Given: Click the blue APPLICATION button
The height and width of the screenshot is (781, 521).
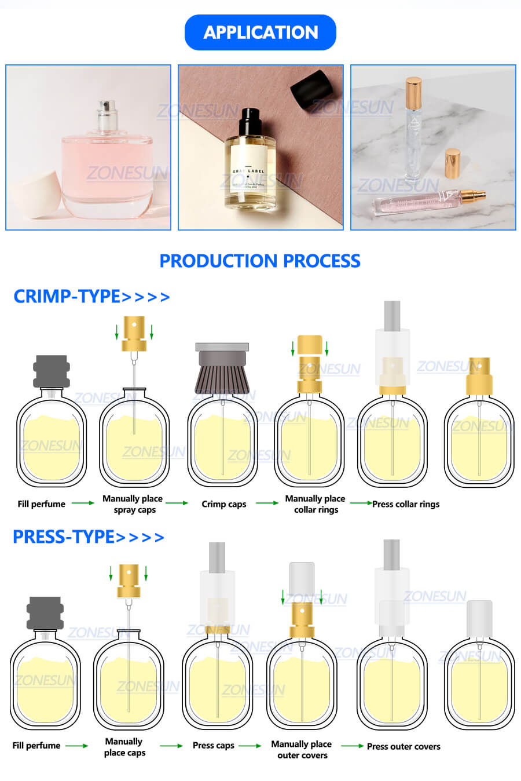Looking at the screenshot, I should point(260,32).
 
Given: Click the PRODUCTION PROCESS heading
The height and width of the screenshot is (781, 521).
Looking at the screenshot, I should point(260,261).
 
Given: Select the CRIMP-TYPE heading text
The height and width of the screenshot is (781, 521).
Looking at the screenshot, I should point(67,297).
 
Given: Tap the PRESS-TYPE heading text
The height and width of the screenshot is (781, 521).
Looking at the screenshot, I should point(64,537).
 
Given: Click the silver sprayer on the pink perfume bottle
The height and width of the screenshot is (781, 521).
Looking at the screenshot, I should point(107,116).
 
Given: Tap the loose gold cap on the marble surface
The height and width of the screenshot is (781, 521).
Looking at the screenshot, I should point(452,163).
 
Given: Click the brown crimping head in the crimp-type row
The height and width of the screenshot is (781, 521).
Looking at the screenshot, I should point(222,371).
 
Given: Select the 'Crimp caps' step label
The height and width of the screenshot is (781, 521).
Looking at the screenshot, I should point(224,504).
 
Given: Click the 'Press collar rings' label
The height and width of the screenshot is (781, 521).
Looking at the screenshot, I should point(406,504).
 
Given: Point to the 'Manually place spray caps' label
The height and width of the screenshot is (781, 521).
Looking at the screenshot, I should point(133,504).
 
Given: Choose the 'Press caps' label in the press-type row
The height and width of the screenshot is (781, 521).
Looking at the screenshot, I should point(214,746).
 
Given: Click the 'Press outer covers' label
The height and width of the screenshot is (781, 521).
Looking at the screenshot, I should point(403,746).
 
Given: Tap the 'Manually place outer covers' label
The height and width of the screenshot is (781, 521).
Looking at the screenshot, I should point(302,749).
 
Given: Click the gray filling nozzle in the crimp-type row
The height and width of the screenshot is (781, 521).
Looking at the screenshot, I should point(52,371).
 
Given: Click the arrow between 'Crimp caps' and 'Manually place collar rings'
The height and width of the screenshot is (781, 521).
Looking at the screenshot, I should point(267,503).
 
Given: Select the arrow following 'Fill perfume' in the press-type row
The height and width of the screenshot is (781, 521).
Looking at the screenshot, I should point(76,746).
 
